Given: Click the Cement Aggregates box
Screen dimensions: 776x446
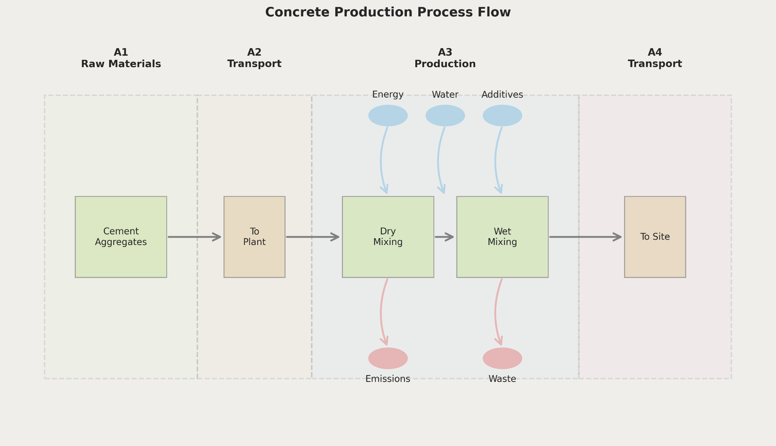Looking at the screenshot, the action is (121, 237).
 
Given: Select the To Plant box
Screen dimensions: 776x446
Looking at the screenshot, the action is (254, 237).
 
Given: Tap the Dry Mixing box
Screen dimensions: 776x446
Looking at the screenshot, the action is (388, 237).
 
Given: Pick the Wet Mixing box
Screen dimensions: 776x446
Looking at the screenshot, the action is (502, 237).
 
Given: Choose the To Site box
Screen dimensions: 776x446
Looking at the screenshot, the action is (655, 237).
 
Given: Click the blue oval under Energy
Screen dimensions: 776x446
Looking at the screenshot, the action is (388, 116).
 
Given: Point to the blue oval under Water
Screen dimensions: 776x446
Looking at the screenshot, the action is (445, 116).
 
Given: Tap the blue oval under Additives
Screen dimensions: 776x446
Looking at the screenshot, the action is (502, 116).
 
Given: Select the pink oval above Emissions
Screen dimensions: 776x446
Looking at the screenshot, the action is (388, 358).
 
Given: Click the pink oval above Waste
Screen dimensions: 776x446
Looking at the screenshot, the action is (502, 358).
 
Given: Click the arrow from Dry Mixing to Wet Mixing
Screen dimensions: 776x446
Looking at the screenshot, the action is (444, 237).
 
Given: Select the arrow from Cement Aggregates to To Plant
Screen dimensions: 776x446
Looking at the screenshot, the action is (195, 237).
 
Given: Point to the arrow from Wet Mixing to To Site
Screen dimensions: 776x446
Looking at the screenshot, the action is (586, 237).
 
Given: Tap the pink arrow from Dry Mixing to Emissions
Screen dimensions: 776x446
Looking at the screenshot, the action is (382, 312).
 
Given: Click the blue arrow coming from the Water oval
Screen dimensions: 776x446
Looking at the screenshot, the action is (439, 160).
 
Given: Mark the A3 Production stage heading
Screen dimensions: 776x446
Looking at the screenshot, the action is (445, 58).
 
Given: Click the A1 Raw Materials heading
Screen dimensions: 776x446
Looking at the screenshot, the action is (121, 58).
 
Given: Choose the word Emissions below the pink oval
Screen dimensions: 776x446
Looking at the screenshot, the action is (388, 379).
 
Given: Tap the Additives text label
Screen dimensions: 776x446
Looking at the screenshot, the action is (502, 95).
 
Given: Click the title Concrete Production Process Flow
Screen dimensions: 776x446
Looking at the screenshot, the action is (388, 12).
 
